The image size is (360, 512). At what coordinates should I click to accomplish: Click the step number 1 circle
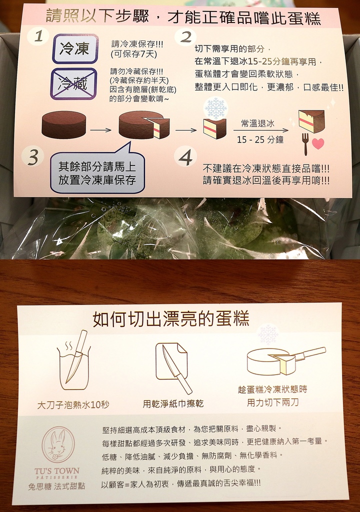[38, 36]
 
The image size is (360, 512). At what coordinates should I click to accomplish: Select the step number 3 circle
[32, 157]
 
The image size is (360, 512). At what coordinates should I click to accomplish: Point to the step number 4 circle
[185, 157]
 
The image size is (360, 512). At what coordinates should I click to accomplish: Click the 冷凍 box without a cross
[74, 48]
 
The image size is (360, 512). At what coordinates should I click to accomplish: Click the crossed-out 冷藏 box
[74, 83]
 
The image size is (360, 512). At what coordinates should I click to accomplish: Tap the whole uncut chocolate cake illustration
[63, 125]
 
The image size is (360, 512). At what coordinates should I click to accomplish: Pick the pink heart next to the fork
[318, 143]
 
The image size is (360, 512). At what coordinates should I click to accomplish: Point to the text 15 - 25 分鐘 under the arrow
[260, 140]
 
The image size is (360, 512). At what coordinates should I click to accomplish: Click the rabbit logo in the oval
[58, 444]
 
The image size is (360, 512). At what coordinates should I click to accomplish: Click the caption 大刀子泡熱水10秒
[70, 404]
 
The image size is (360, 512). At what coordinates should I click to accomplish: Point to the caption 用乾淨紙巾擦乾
[173, 403]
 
